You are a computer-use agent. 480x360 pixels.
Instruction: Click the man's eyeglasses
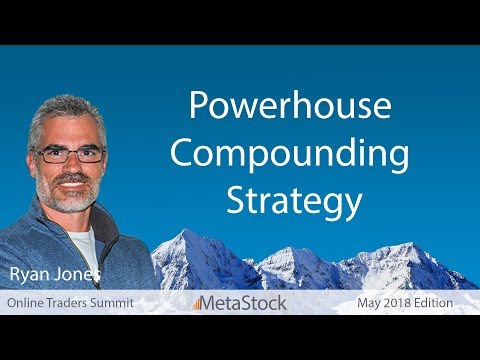pos(69,154)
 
